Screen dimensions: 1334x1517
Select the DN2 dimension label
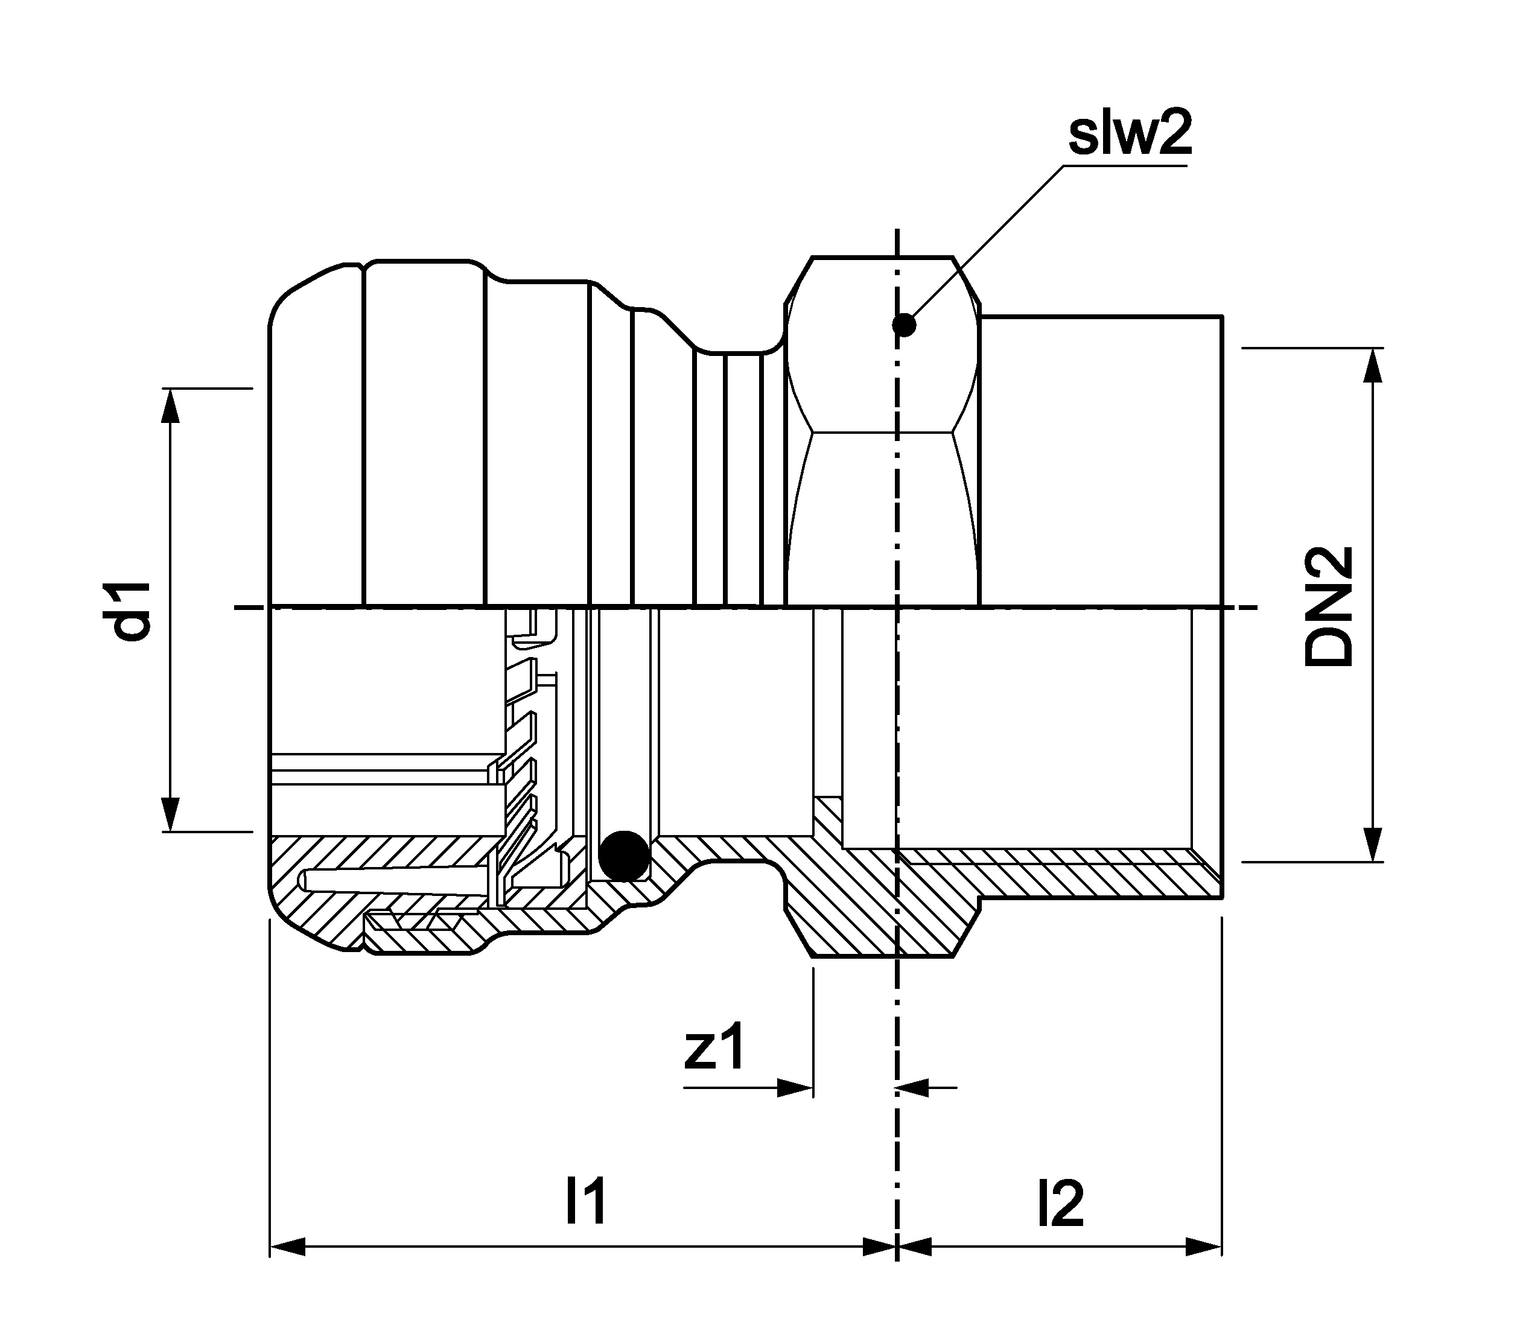pyautogui.click(x=1329, y=606)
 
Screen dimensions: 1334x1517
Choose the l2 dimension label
pyautogui.click(x=1060, y=1202)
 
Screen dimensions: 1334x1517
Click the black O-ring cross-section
pyautogui.click(x=624, y=856)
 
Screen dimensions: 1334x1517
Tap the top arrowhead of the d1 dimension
pyautogui.click(x=171, y=405)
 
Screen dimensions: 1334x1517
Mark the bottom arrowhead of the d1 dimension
pyautogui.click(x=171, y=815)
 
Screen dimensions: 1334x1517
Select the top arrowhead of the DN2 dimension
pyautogui.click(x=1374, y=365)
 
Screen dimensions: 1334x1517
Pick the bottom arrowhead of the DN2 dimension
pyautogui.click(x=1374, y=844)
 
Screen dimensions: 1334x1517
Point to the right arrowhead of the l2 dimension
pyautogui.click(x=1204, y=1247)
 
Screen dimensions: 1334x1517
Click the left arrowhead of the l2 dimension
pyautogui.click(x=914, y=1247)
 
